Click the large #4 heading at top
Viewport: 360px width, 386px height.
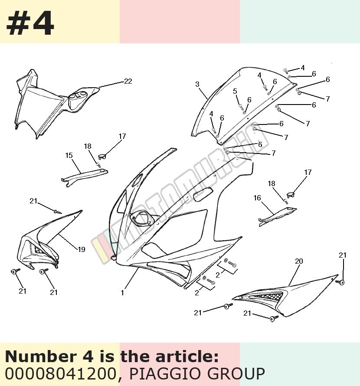point(30,24)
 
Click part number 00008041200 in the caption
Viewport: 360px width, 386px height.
point(60,373)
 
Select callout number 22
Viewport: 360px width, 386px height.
point(128,81)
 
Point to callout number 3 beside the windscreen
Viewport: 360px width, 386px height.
point(197,84)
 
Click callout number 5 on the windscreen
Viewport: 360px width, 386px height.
point(235,92)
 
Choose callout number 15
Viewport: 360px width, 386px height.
point(69,155)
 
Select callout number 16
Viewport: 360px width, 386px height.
point(257,198)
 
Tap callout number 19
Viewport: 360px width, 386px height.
point(82,249)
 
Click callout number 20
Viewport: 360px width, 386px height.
point(299,261)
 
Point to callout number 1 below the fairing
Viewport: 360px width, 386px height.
point(122,293)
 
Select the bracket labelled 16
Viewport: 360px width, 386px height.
point(278,216)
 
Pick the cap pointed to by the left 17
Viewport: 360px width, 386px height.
point(102,156)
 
